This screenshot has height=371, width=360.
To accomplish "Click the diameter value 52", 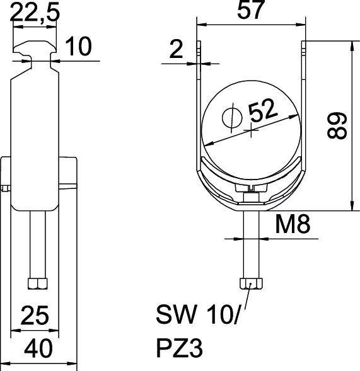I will click(262, 111).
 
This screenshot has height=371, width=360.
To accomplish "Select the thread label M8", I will click(293, 224).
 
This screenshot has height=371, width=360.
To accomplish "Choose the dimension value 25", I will click(35, 314).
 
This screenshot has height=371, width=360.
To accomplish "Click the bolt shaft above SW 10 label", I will click(251, 246).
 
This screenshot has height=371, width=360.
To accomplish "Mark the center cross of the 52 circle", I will click(252, 131).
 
